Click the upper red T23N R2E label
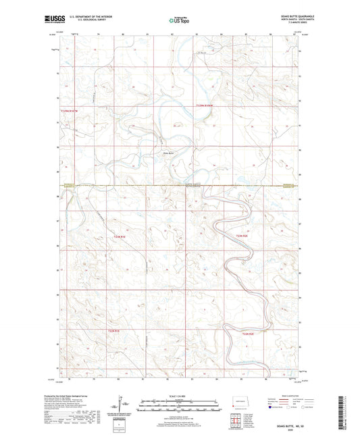[244, 235]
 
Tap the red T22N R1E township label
[113, 330]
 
